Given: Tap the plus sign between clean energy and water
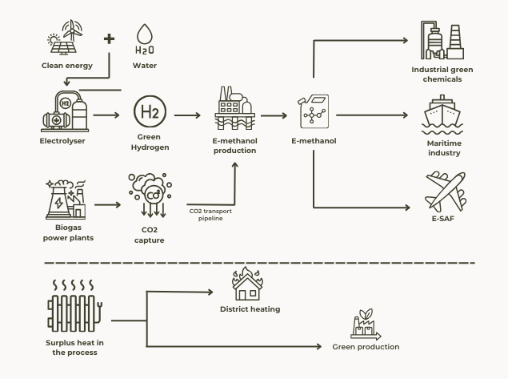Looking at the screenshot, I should (109, 38).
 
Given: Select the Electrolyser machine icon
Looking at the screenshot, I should (62, 112).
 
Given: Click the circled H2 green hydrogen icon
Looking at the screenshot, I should (149, 115).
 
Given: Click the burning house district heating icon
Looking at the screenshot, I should (250, 284).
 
